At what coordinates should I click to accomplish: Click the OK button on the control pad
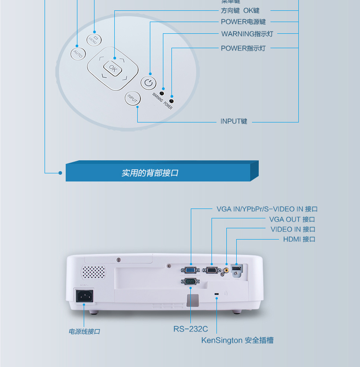click(x=112, y=68)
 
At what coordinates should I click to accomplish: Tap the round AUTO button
click(x=77, y=54)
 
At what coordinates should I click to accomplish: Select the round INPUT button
click(x=132, y=98)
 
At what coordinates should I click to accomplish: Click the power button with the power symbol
click(x=148, y=83)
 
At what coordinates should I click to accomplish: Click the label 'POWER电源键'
click(x=243, y=22)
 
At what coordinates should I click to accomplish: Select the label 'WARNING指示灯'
click(x=247, y=34)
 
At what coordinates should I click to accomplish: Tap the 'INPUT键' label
click(x=234, y=122)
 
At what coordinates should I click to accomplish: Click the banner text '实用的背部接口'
click(x=150, y=173)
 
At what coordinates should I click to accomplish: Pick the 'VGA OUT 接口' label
click(x=292, y=219)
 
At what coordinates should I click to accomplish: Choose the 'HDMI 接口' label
click(x=299, y=239)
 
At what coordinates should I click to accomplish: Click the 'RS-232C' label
click(x=190, y=329)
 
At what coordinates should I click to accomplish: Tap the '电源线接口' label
click(x=84, y=331)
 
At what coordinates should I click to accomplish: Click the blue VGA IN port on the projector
click(x=190, y=270)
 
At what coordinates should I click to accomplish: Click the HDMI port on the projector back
click(x=236, y=269)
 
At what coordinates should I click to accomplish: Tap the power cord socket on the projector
click(x=84, y=295)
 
